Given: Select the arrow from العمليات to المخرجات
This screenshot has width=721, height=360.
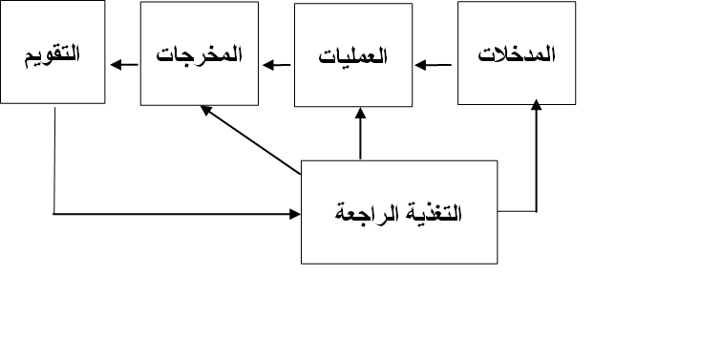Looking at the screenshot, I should tap(278, 66).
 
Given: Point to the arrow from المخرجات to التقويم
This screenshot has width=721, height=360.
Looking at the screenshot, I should tap(123, 66).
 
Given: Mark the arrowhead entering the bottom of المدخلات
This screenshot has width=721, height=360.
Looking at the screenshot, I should tap(535, 109).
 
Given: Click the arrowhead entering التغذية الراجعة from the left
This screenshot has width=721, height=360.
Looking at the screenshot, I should tap(293, 212).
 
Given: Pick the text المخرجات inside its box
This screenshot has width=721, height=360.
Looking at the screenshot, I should tap(199, 55).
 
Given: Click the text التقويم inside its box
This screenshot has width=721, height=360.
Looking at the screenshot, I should tap(52, 53).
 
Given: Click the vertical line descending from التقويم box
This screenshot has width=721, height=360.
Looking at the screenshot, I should tap(54, 158).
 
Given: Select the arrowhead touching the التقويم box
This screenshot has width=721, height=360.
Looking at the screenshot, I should tap(114, 66).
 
